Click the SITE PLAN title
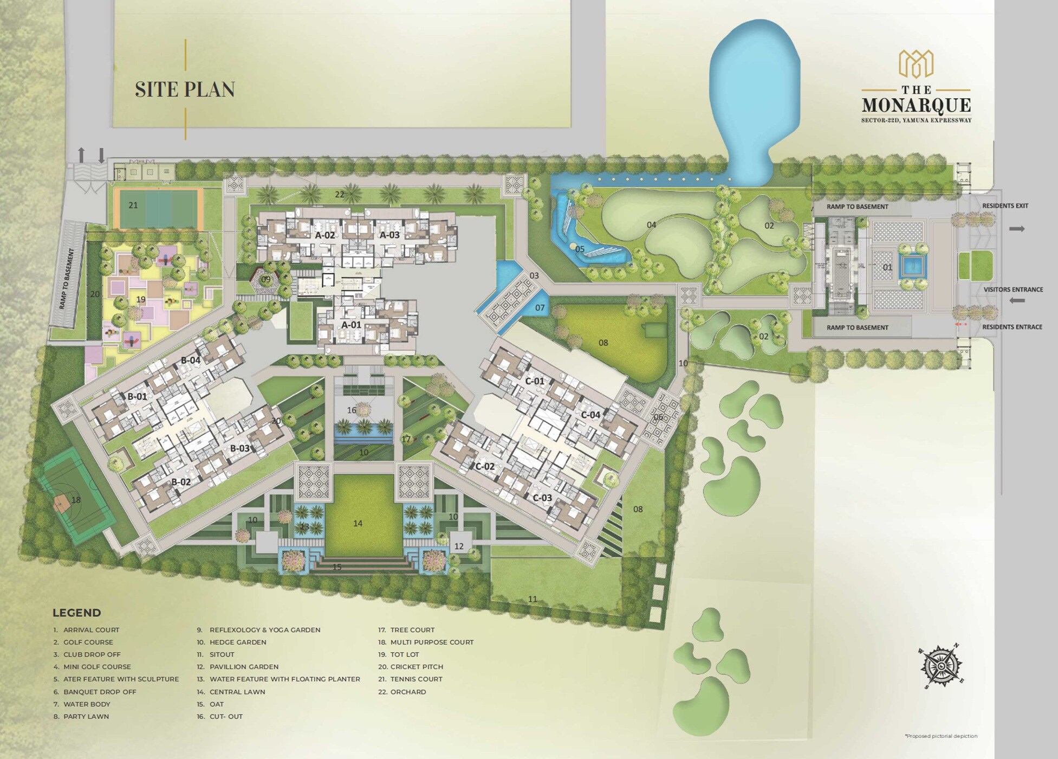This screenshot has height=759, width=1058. coord(185,89)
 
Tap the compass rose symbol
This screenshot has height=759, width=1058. coord(942,666)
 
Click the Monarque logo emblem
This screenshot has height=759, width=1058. coord(916,64)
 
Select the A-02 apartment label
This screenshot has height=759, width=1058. coord(324,235)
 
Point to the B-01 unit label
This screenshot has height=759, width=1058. coord(137,396)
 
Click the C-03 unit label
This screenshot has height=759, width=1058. coord(542,498)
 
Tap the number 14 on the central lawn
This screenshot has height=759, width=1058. coord(358,523)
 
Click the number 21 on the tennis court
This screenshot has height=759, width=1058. coord(133,205)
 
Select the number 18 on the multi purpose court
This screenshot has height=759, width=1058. coord(76,500)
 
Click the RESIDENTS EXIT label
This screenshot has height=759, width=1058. coord(1005,206)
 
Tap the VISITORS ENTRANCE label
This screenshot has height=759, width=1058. coord(1013,290)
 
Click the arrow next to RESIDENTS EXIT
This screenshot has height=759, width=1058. coord(1017,229)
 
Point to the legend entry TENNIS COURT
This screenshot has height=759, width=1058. coord(416,679)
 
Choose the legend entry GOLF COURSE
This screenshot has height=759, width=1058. coord(88,642)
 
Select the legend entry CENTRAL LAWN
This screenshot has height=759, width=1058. coord(237,692)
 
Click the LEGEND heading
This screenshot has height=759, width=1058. coord(76,613)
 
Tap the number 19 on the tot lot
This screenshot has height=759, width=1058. coord(141,299)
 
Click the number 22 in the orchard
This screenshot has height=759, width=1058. coord(340,195)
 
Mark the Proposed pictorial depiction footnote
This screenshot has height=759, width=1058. coord(941,736)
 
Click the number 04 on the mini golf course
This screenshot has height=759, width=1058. coord(651,224)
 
